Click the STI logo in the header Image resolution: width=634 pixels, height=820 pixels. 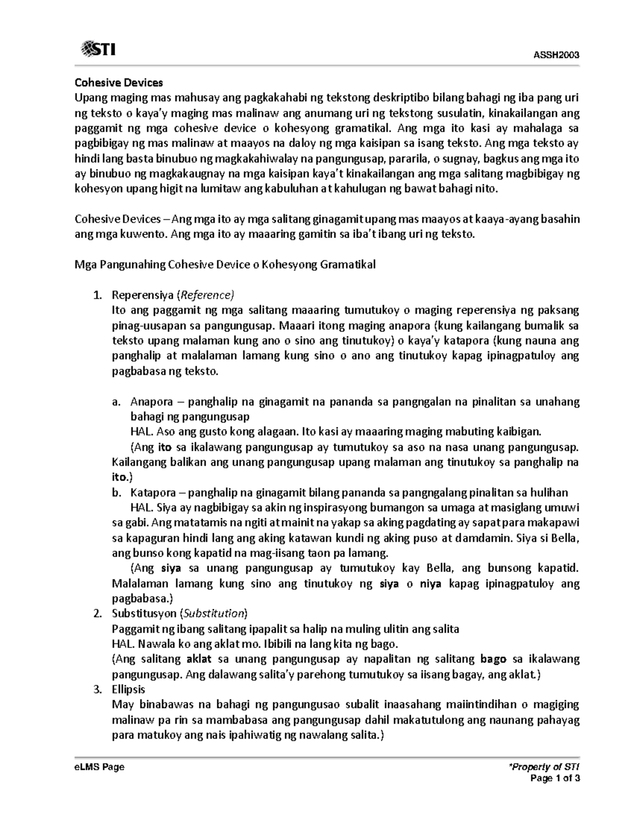click(98, 50)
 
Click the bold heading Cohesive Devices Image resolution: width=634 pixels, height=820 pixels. click(119, 82)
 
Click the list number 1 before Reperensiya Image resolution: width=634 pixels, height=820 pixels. click(97, 295)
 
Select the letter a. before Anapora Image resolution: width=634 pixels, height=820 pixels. click(117, 402)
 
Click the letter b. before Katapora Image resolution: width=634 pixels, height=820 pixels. click(117, 493)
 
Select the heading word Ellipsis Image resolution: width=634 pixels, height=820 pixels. click(128, 689)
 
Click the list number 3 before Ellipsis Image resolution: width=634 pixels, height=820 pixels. click(97, 689)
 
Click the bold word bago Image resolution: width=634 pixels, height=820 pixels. click(493, 659)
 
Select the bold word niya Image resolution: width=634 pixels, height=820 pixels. click(431, 583)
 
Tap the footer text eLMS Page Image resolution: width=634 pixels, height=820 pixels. click(100, 767)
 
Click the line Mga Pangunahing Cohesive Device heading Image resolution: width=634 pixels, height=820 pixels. click(225, 265)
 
